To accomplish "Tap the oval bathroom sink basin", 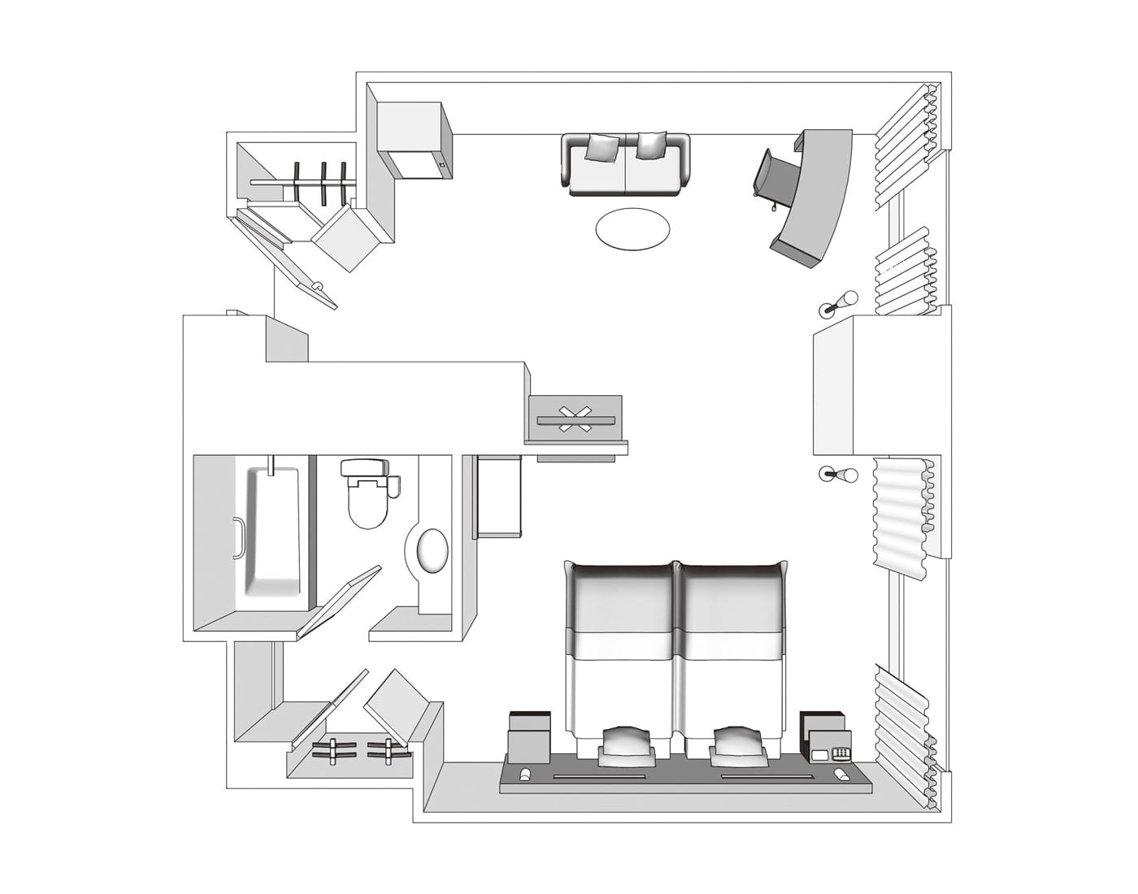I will click(432, 551).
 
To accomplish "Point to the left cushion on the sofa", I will click(602, 147).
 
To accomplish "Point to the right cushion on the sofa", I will click(651, 145).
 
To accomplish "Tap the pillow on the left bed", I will click(625, 743).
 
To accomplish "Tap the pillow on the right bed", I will click(738, 743).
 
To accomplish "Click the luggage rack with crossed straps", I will click(575, 418).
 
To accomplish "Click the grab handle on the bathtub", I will click(236, 538).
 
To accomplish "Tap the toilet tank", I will click(365, 467).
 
